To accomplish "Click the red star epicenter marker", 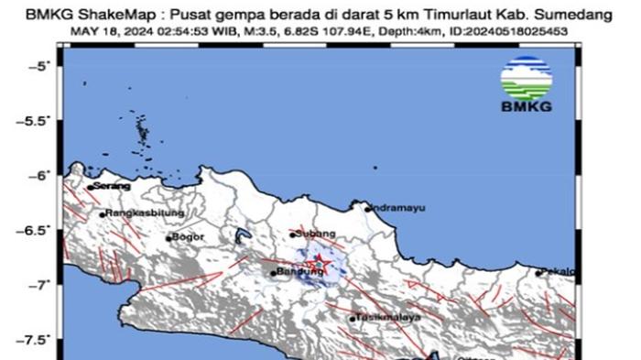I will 319,262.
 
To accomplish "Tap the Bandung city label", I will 296,272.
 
